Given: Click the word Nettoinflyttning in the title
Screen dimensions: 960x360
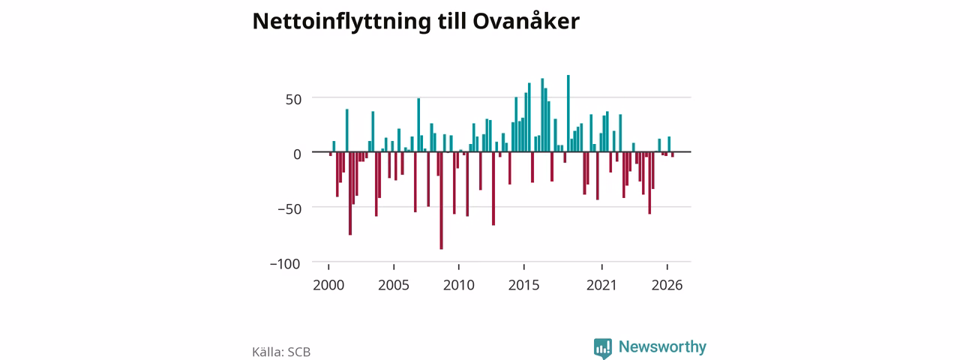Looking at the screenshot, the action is pos(341,22).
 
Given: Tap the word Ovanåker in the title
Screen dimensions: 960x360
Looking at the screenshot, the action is pos(526,20).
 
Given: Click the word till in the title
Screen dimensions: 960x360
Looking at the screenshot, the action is pos(451,20).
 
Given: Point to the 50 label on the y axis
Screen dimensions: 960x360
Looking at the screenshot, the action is pos(293,100).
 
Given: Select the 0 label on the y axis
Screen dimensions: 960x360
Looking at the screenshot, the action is pos(297,154).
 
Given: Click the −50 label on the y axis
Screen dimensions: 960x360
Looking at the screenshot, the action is pos(289,209).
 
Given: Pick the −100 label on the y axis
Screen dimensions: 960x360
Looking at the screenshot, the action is pos(285,263).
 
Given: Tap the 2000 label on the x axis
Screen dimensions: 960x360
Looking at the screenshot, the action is pos(328,285).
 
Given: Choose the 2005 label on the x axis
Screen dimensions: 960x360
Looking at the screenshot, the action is pos(394,285).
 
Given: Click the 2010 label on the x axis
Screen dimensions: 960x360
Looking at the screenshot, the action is pos(458,285).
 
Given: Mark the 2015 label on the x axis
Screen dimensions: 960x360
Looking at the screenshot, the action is pos(523,285).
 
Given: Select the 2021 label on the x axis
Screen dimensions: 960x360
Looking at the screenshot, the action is pos(601,285).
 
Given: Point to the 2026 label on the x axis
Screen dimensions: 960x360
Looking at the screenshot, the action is pos(667,285).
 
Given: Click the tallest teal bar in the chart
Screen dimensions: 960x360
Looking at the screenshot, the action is pos(568,113).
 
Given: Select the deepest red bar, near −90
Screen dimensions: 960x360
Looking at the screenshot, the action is pos(442,200).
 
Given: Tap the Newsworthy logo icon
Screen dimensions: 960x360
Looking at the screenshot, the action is pos(602,349).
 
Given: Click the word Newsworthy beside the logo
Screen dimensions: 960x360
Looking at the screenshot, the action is pos(662,346).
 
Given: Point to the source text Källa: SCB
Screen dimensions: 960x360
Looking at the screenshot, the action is pos(281,352).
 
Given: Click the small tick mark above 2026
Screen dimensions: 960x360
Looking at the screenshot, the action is pos(667,267).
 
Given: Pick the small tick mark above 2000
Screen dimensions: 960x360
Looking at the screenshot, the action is pos(328,267).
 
